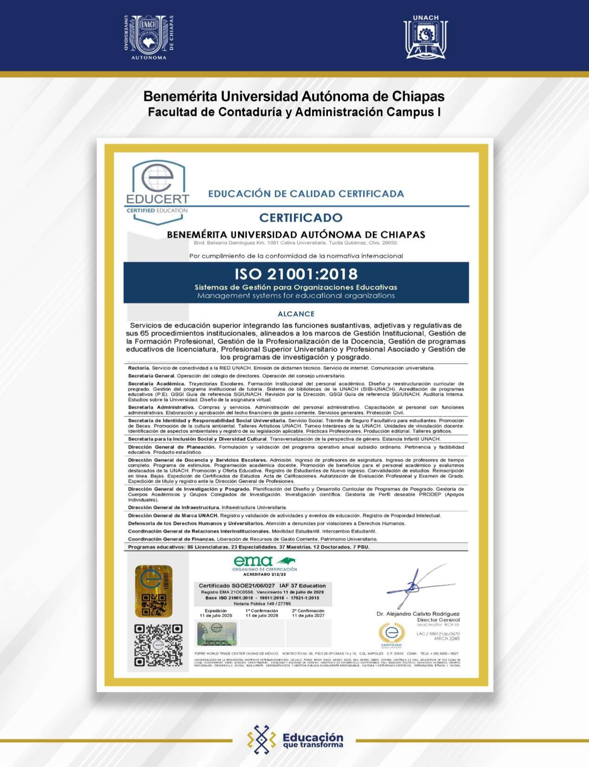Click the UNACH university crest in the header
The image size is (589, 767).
coord(149,37)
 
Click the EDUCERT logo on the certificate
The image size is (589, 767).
coord(158,190)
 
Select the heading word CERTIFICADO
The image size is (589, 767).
coord(301,217)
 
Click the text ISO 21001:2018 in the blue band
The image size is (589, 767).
coord(296,274)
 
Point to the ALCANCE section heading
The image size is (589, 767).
coord(296,314)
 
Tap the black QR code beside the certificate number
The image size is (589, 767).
coord(158,645)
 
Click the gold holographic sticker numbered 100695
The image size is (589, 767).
coord(154,591)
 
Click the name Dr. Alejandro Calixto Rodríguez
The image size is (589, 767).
coord(418,614)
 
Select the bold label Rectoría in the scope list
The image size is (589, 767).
coord(139,368)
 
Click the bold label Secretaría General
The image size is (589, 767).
coord(151,376)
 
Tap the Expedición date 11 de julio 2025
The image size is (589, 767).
coord(216,616)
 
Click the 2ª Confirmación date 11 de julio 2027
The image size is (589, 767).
coord(308,616)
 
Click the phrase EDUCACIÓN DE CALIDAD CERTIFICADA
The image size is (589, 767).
coord(306,194)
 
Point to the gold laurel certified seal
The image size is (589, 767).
coord(392,633)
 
